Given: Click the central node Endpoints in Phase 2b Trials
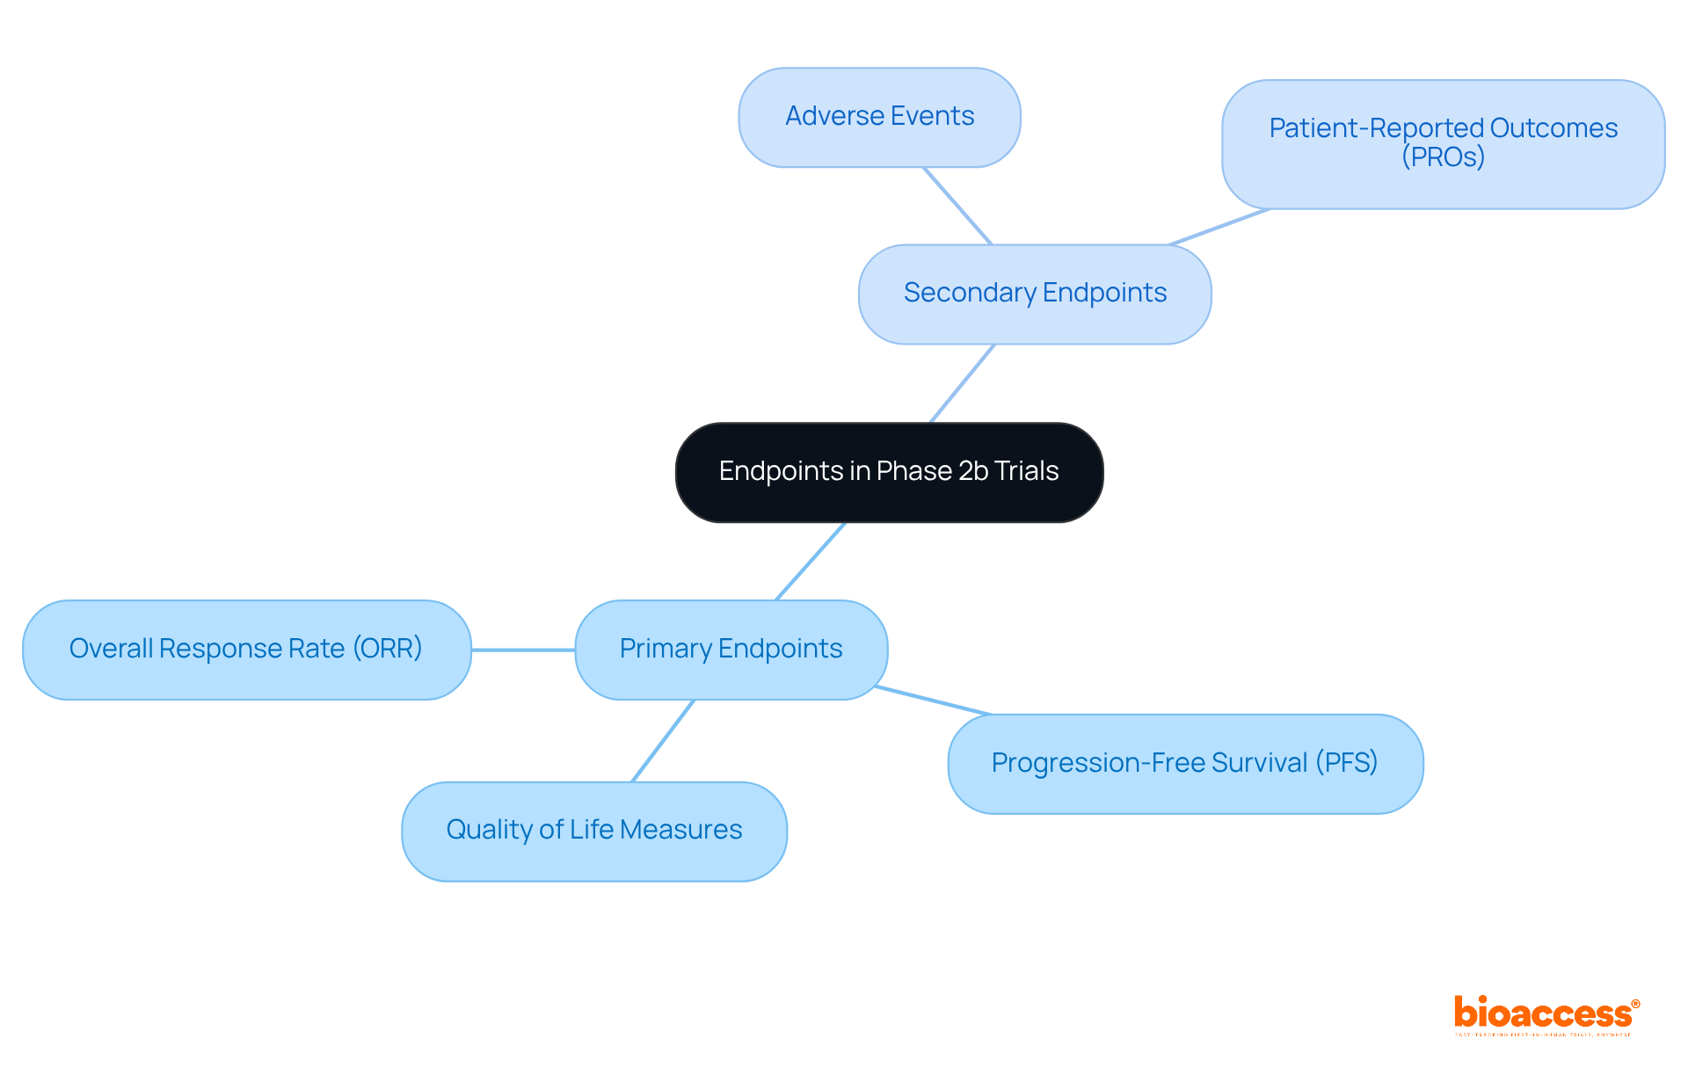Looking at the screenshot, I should point(889,472).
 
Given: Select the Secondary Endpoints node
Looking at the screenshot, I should point(1035,294).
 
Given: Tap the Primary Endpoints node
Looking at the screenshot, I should point(731,650).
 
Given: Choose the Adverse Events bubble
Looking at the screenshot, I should point(879,117).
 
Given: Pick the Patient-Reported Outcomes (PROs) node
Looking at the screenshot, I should point(1443,143).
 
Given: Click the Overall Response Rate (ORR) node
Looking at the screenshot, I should point(246,650).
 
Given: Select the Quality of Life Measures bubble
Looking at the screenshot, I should point(593,831).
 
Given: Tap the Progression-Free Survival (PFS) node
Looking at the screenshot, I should point(1184,763).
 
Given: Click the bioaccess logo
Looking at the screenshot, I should point(1546,1015).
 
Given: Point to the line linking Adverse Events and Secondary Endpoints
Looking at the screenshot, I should point(957,206).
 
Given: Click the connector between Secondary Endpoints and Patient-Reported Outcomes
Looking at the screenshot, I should point(1219,227).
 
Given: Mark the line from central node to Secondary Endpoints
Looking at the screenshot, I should point(963,383).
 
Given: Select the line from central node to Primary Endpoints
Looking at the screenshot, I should point(811,561).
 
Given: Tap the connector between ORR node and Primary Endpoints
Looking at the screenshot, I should point(523,650).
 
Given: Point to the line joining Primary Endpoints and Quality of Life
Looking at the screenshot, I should point(663,741).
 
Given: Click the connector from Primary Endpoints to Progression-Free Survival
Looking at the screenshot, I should point(933,701).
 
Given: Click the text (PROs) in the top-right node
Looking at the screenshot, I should point(1443,157).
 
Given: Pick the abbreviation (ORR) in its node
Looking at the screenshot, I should point(388,649).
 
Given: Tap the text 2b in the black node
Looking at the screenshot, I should point(973,471).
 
